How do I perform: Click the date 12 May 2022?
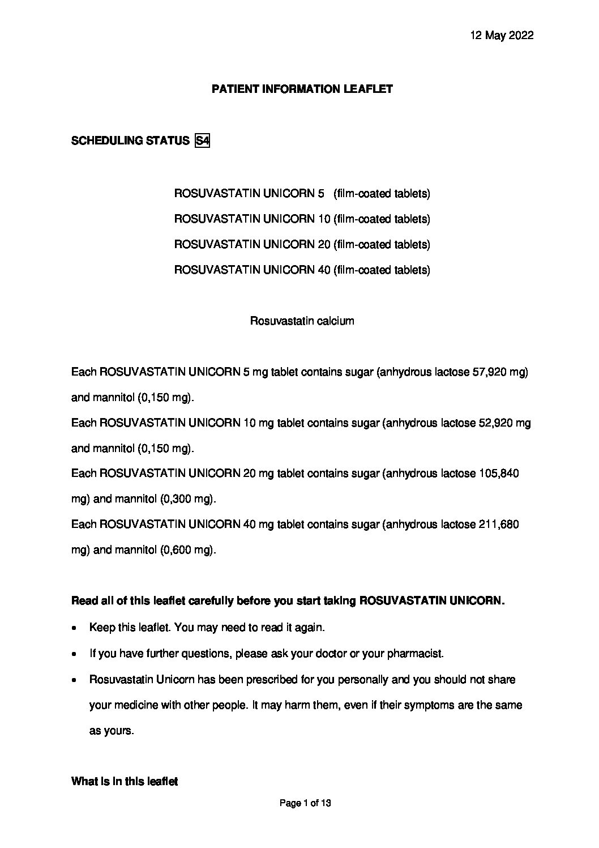click(x=502, y=36)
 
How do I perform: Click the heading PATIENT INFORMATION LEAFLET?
click(x=302, y=89)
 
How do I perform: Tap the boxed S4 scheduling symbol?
click(x=202, y=140)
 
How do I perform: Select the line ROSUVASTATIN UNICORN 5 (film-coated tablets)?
click(x=302, y=194)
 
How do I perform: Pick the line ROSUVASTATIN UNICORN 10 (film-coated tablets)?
click(x=302, y=219)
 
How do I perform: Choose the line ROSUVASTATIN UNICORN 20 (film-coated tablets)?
click(x=302, y=245)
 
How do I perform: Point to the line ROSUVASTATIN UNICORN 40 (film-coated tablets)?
click(x=302, y=270)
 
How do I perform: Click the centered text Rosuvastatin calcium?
click(x=302, y=321)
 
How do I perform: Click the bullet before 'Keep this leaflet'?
click(x=75, y=628)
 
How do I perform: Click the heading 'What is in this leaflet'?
click(x=124, y=782)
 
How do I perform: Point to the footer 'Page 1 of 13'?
click(x=305, y=803)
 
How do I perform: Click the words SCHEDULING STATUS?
click(x=130, y=140)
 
